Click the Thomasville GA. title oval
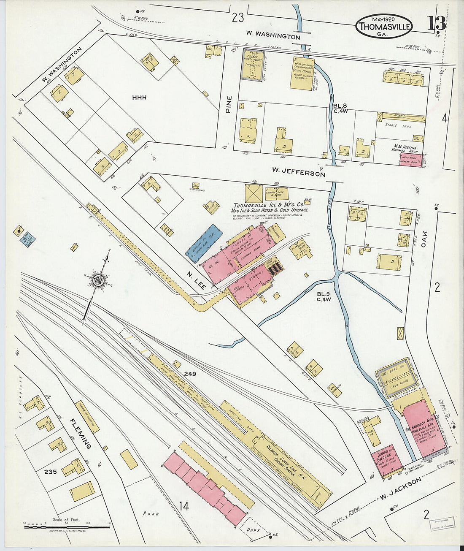384,26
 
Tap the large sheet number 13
436,23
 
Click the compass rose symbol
98,280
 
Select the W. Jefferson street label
298,172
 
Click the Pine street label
229,104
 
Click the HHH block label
139,98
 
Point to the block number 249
189,374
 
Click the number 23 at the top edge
238,18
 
